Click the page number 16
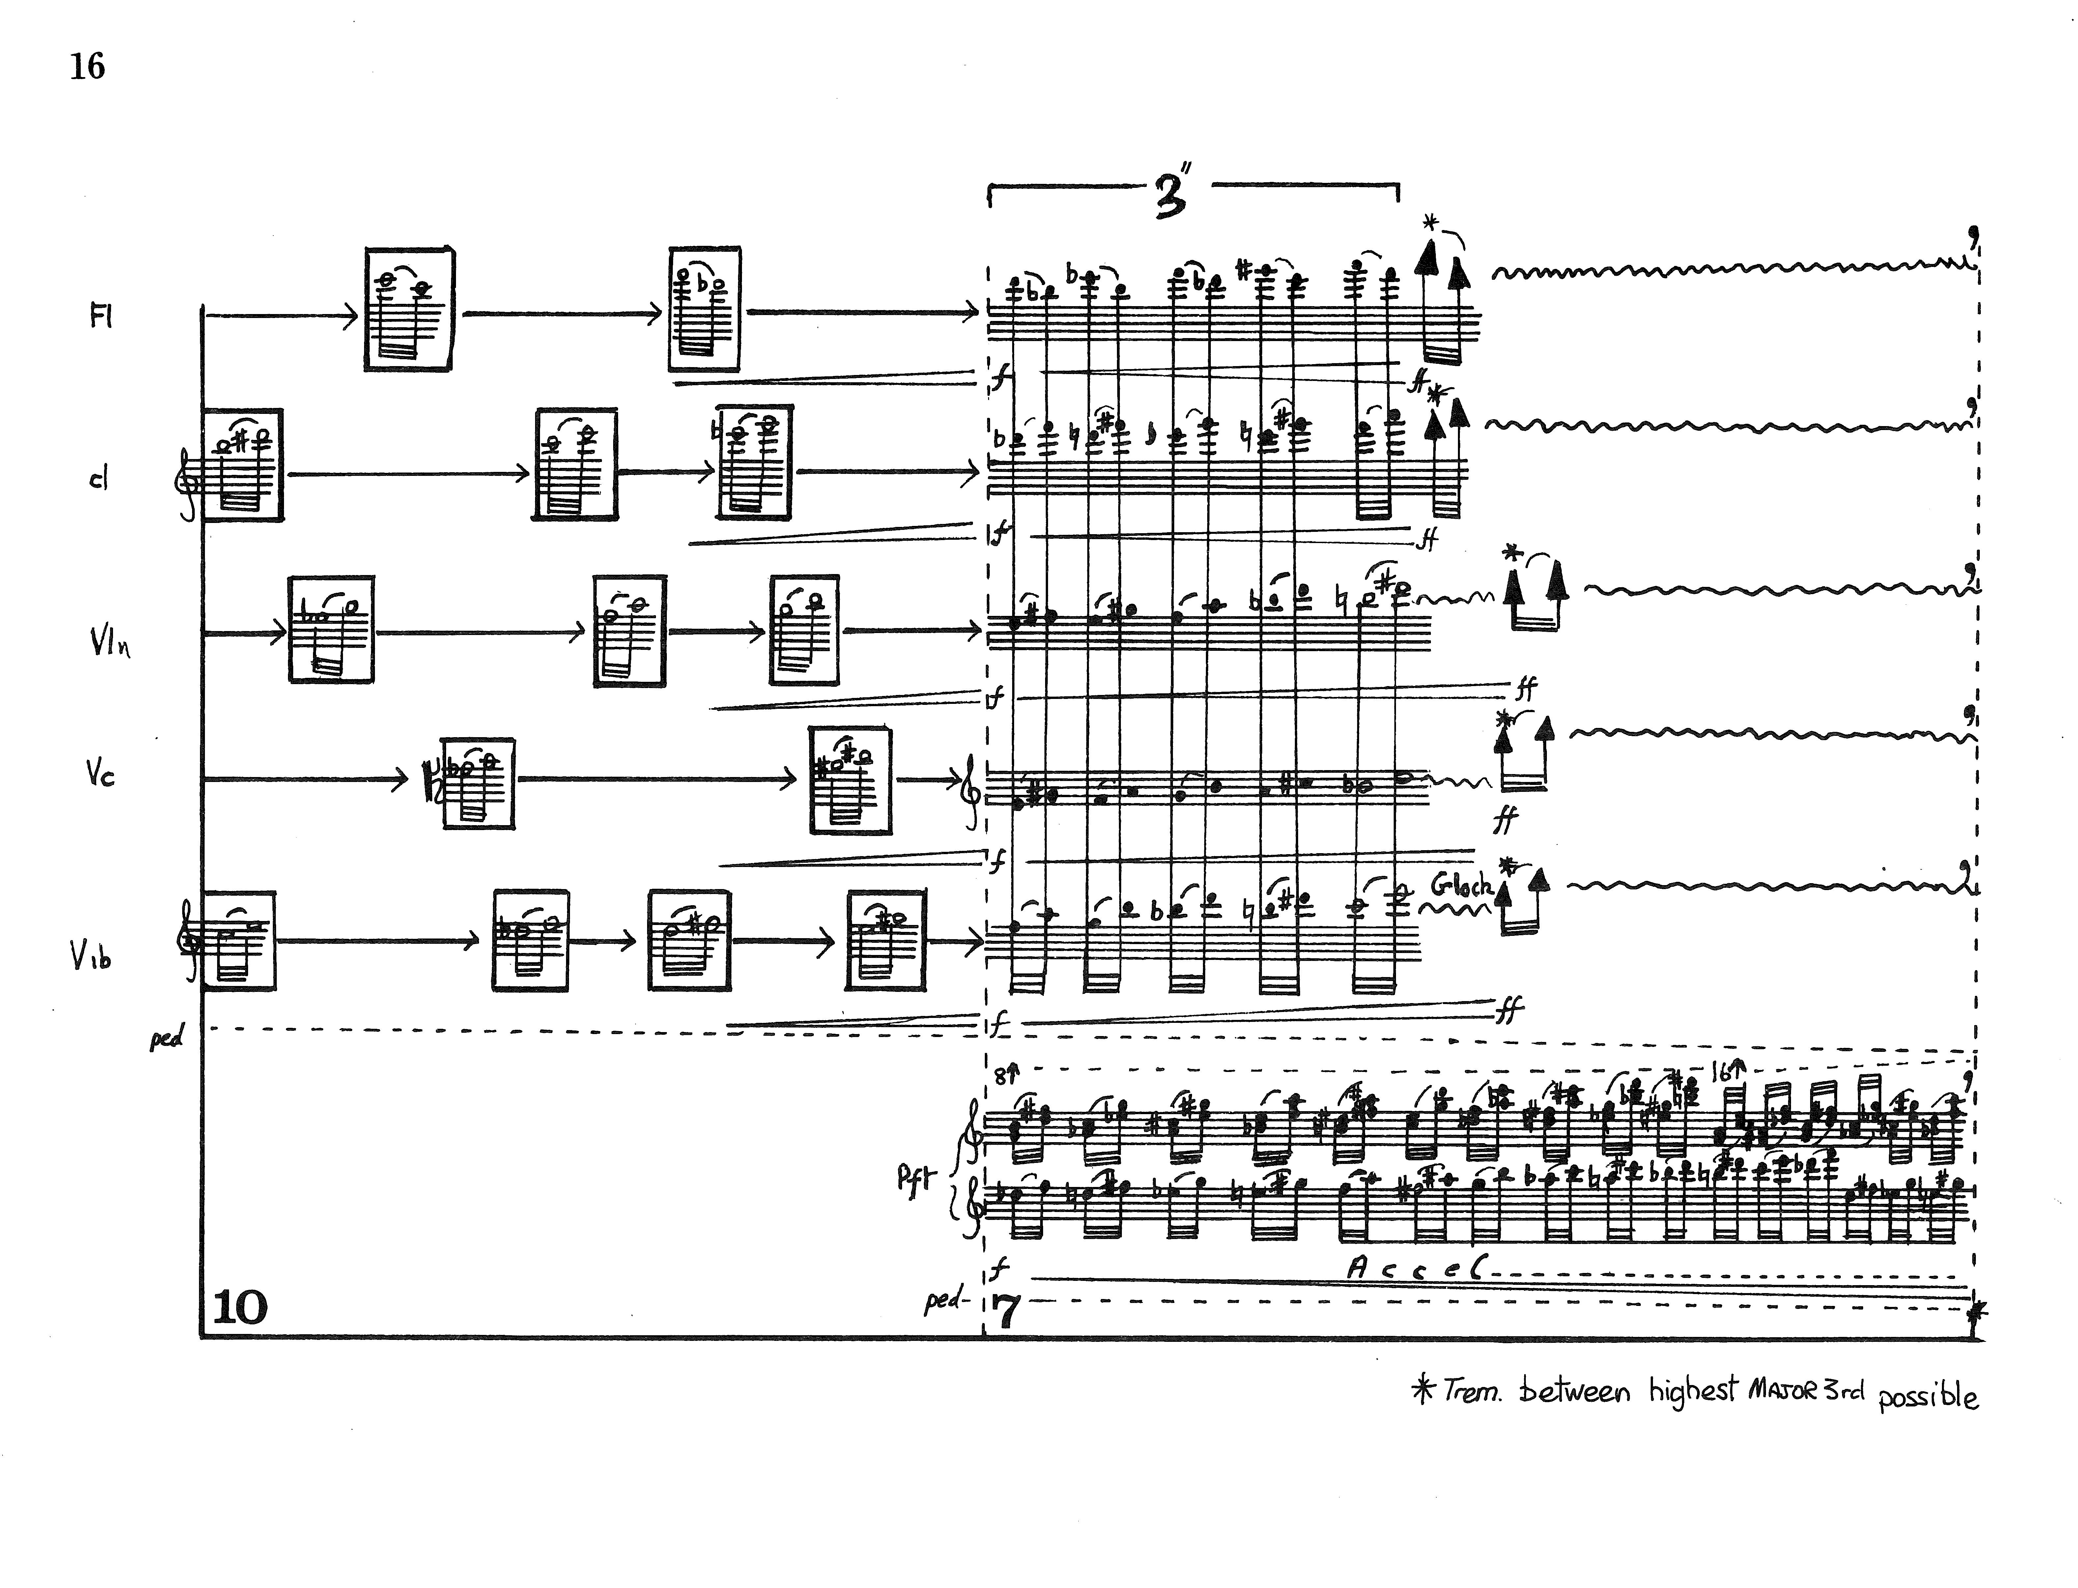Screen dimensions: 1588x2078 pos(87,66)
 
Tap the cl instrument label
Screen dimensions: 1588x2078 pos(98,479)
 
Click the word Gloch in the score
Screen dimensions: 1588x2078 pos(1460,886)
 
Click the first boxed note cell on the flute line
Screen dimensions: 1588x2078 pos(408,309)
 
